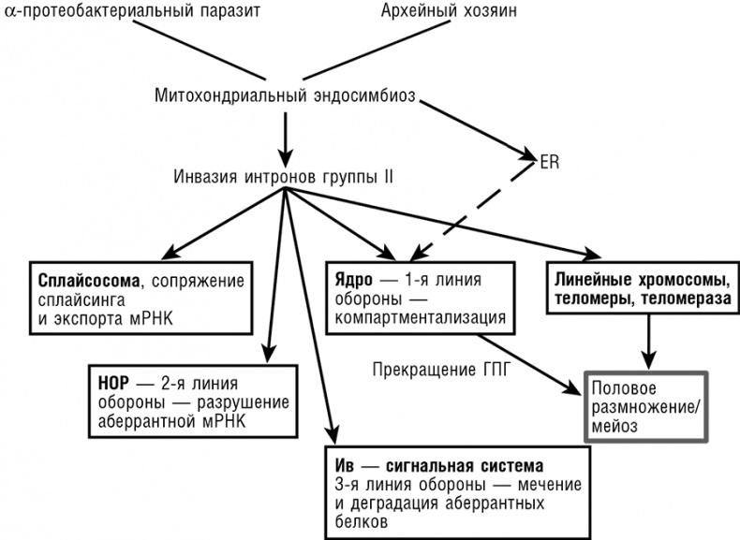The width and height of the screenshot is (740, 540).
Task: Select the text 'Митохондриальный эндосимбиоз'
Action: tap(282, 95)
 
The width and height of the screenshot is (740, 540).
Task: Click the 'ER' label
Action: tap(550, 160)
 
